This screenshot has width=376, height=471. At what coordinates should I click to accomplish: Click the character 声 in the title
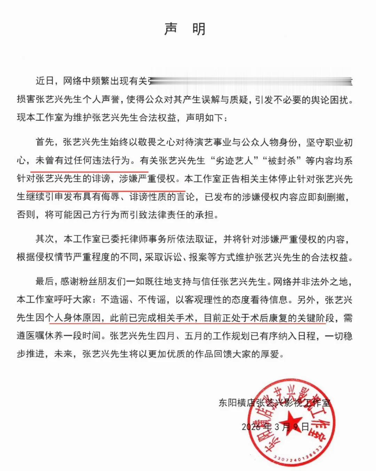[x=171, y=29]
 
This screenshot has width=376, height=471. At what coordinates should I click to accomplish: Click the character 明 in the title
[x=199, y=29]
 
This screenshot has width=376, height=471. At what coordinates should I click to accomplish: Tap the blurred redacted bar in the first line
[x=251, y=81]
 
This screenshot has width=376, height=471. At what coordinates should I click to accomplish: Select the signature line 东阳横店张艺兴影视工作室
[x=274, y=403]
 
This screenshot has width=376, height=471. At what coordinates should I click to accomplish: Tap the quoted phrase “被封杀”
[x=282, y=161]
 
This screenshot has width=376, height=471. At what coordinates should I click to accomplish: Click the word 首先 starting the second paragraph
[x=45, y=142]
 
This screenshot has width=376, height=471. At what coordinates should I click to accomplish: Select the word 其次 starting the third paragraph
[x=45, y=239]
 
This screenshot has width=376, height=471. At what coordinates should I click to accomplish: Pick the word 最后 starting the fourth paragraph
[x=45, y=281]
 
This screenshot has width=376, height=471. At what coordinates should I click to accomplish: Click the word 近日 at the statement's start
[x=45, y=81]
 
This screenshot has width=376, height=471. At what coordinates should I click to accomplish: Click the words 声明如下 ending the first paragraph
[x=204, y=118]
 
